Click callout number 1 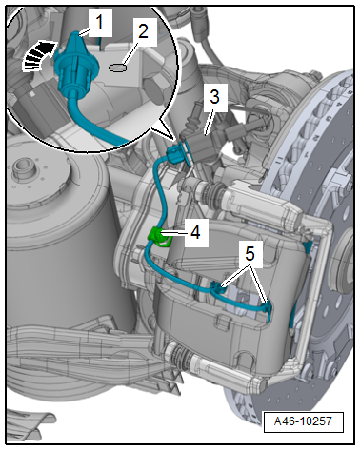pos(100,23)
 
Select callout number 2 pos(143,31)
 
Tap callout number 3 pos(215,97)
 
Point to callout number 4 pos(195,232)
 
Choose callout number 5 pos(250,254)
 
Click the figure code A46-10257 pos(303,421)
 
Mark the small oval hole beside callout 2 pos(118,68)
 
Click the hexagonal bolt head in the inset pos(152,88)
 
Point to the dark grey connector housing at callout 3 pos(200,147)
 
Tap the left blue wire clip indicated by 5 pos(216,287)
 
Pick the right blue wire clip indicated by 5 pos(268,308)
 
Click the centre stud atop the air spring pos(22,167)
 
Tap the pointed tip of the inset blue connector pos(75,33)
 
